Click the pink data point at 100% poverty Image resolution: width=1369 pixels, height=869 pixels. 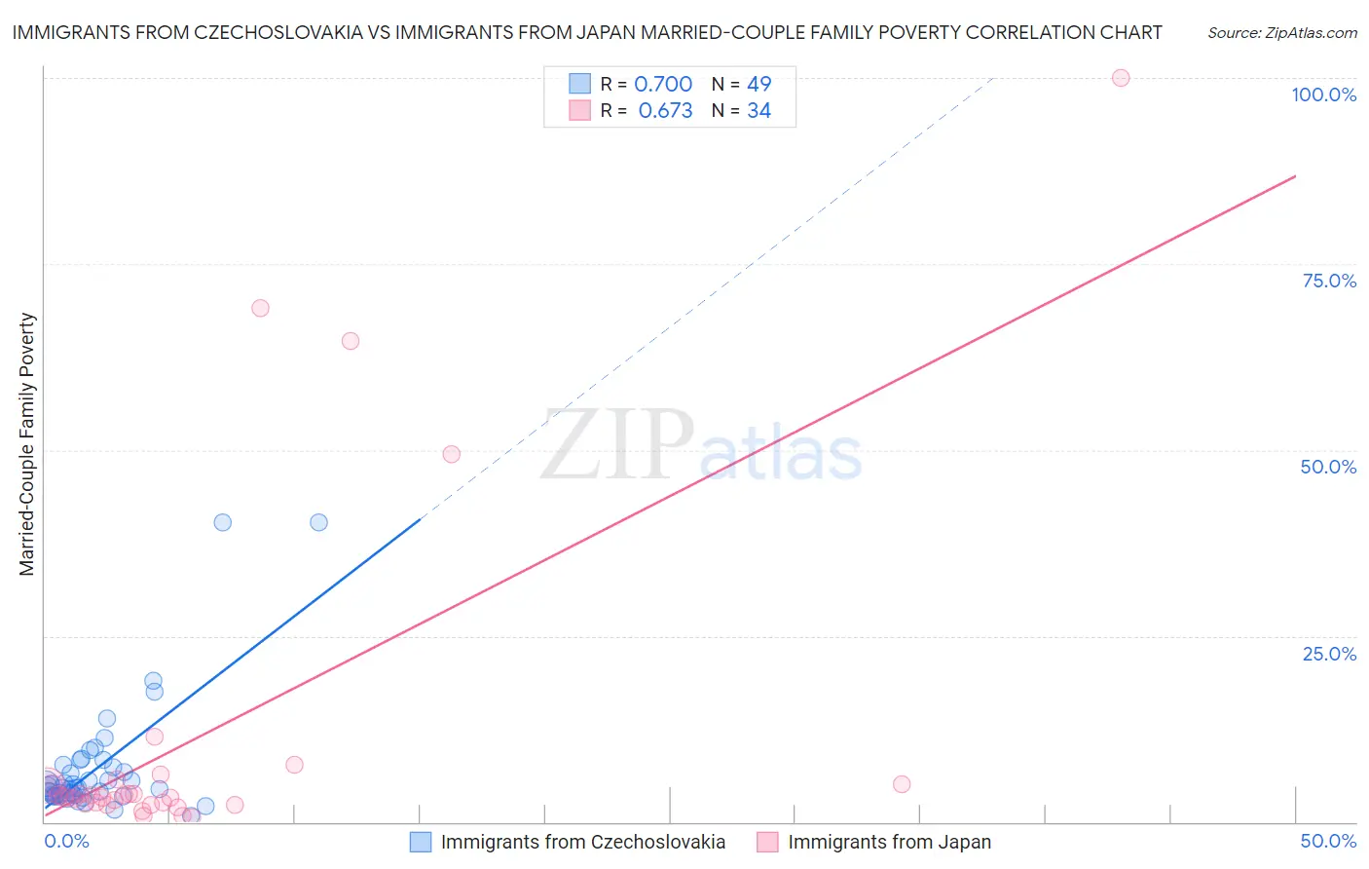click(1121, 78)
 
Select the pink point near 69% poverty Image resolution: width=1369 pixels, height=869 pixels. click(260, 308)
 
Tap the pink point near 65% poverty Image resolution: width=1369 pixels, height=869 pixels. click(351, 341)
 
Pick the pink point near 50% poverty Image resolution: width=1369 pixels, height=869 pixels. click(451, 454)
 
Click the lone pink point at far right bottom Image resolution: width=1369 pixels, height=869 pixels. click(902, 784)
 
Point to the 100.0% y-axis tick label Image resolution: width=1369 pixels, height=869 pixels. click(1323, 94)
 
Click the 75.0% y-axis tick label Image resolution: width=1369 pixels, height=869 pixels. click(1329, 281)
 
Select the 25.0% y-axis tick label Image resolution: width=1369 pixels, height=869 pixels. click(1329, 654)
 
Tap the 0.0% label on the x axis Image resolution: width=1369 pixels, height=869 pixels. click(66, 841)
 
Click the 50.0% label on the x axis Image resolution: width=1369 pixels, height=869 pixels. click(1328, 841)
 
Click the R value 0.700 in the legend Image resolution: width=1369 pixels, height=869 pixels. click(663, 84)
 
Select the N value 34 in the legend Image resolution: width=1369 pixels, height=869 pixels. click(758, 111)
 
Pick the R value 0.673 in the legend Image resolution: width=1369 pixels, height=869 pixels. click(665, 111)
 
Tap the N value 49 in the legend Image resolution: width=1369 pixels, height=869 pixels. click(758, 84)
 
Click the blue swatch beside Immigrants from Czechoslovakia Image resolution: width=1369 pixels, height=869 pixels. click(421, 843)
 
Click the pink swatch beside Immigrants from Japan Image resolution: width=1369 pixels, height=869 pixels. click(767, 843)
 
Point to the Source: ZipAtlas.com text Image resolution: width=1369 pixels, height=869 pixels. click(1282, 33)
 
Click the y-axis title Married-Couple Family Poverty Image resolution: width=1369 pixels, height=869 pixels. click(27, 444)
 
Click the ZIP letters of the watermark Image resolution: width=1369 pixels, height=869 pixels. click(616, 446)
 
